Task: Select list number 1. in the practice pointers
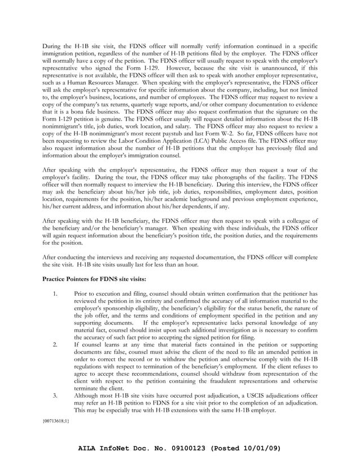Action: [55, 293]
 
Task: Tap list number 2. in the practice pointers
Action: [55, 344]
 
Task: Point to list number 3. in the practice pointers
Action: [55, 395]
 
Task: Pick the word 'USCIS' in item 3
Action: [245, 395]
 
